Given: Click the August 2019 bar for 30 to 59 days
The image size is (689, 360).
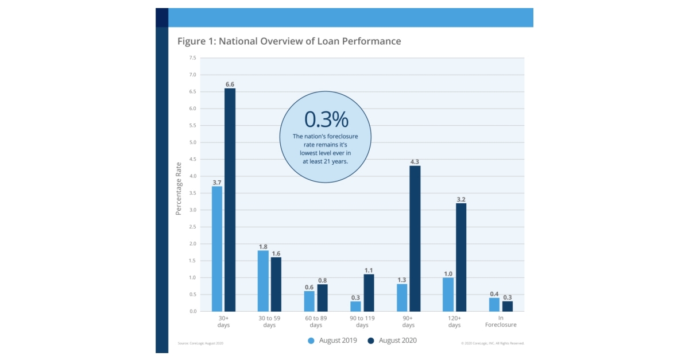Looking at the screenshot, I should click(263, 281).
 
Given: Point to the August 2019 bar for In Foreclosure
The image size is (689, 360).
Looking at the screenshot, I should click(494, 304).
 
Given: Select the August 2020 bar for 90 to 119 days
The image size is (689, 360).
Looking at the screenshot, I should click(368, 293).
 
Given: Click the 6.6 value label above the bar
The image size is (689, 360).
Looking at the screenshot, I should click(230, 84).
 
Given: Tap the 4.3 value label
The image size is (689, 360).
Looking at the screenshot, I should click(415, 161).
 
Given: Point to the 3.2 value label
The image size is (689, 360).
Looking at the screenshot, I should click(460, 199).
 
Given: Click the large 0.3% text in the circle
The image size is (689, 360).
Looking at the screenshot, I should click(326, 119).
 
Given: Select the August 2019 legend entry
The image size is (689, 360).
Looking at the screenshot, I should click(332, 340).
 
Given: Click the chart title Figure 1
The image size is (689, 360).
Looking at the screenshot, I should click(289, 41).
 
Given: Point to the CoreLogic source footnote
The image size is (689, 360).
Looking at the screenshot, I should click(200, 343).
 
